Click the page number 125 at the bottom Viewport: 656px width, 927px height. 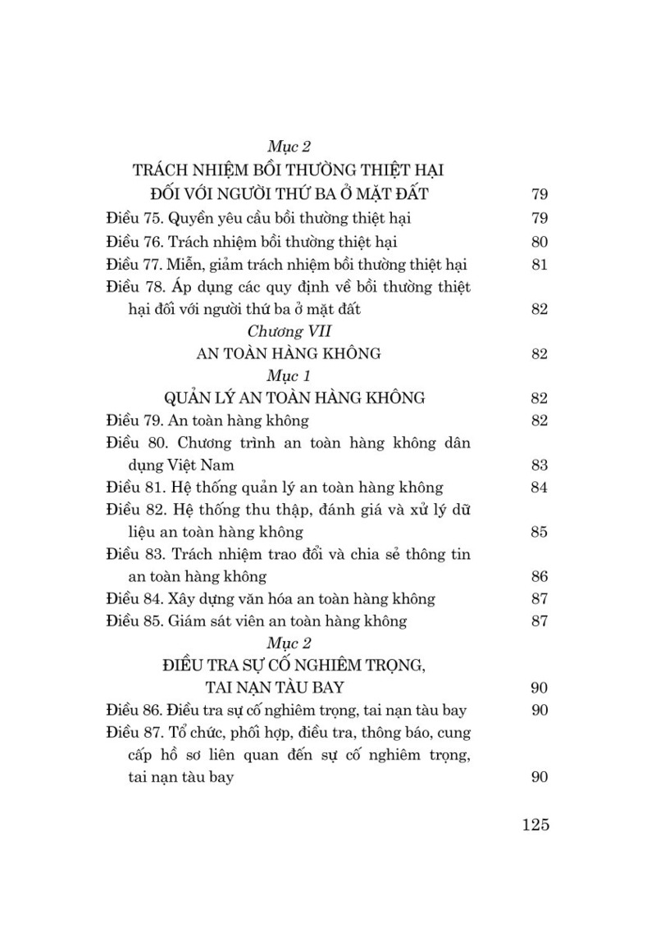(534, 825)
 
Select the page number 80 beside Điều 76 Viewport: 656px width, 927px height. (539, 243)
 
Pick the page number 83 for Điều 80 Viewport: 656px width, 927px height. (539, 466)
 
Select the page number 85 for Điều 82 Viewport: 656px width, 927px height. (539, 533)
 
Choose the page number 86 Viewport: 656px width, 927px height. (539, 577)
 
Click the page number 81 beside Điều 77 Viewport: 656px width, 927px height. (539, 265)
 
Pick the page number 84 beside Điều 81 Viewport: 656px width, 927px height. (539, 488)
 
